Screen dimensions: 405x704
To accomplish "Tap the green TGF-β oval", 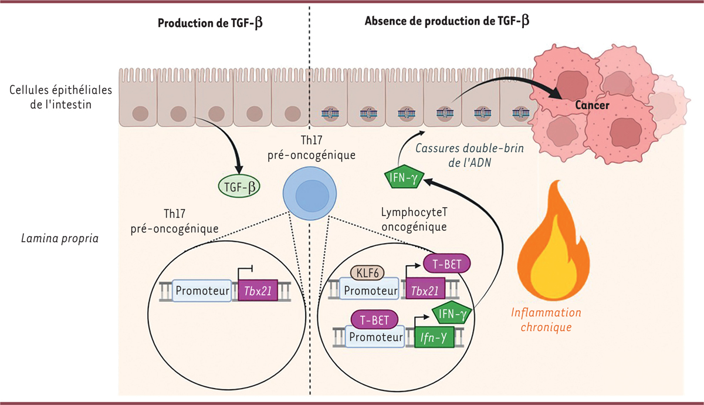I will click(x=239, y=187).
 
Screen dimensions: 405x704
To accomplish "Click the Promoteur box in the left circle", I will click(x=202, y=291).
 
